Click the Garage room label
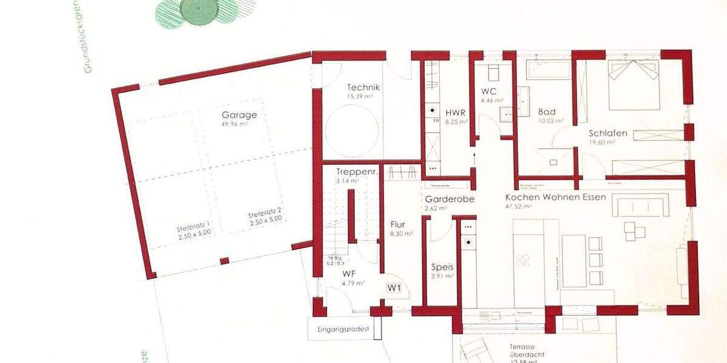coord(239,115)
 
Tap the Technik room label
coord(363,87)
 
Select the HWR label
coord(455,113)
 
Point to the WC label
coord(489,91)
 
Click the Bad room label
coord(546,112)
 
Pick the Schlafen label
coord(608,133)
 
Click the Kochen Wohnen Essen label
coord(556,197)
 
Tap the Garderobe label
coord(449,199)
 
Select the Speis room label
coord(442,267)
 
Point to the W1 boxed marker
coord(394,288)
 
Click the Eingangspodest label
coord(343,330)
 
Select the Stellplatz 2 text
coord(265,215)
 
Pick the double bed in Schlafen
coord(634,85)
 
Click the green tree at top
coord(199,10)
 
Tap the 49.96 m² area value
coord(235,124)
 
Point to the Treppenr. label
coord(357,172)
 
